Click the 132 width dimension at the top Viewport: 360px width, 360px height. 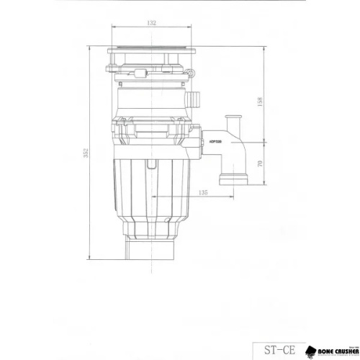click(x=151, y=24)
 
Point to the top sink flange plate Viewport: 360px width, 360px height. click(x=151, y=52)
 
